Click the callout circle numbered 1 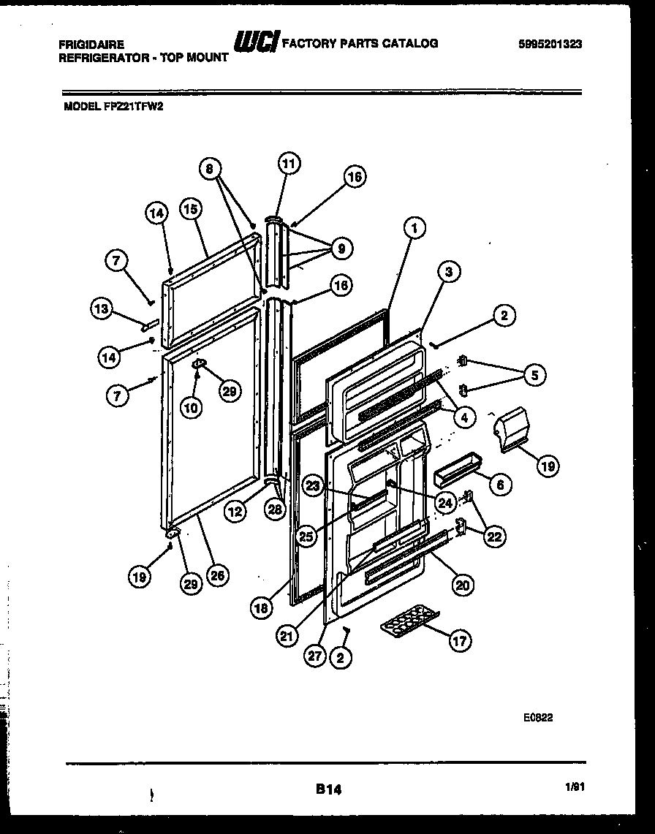tap(414, 229)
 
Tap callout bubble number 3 tap(450, 273)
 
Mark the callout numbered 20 tap(463, 584)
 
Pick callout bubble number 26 tap(217, 575)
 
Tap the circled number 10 tap(191, 408)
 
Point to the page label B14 tap(328, 789)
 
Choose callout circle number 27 tap(314, 656)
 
